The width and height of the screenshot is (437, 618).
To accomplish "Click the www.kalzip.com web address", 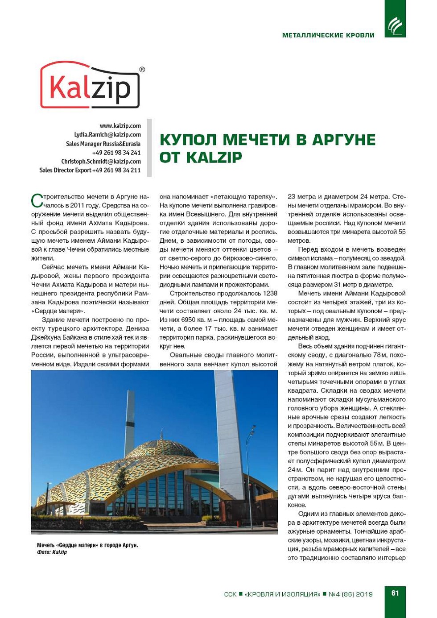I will pos(120,126).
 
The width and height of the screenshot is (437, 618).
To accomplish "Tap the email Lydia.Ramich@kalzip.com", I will pos(107,135).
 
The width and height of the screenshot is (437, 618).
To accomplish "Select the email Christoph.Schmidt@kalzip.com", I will pos(101,162).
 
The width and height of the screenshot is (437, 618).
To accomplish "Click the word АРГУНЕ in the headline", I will pos(343,140).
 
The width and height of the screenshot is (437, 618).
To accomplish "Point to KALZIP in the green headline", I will pos(214,158).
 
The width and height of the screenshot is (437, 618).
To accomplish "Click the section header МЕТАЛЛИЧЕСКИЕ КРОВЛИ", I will pos(328,35).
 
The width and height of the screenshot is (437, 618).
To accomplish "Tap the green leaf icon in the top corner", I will pos(395,26).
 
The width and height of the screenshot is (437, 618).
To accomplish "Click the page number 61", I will pos(395,593).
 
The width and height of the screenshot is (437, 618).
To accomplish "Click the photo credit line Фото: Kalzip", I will pos(52,552).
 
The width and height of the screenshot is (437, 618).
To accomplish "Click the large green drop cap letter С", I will pos(37,200).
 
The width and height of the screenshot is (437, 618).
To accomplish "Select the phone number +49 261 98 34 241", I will pos(116,153).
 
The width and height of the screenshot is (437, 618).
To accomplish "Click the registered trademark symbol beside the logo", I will pos(142,70).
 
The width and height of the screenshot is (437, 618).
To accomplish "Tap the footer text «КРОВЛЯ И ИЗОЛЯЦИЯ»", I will pos(282,594).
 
